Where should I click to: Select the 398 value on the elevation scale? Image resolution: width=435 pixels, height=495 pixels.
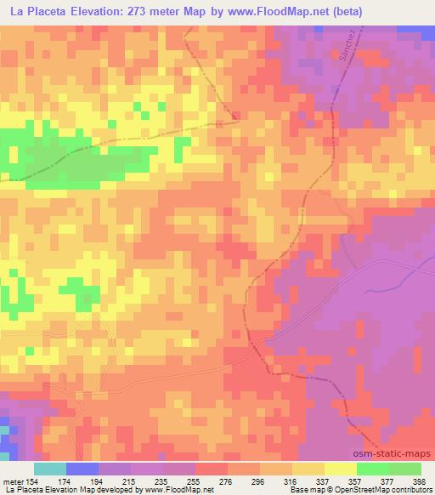(419, 481)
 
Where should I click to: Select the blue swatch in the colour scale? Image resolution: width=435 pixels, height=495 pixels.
(82, 469)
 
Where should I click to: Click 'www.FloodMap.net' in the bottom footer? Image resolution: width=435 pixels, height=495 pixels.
(181, 490)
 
